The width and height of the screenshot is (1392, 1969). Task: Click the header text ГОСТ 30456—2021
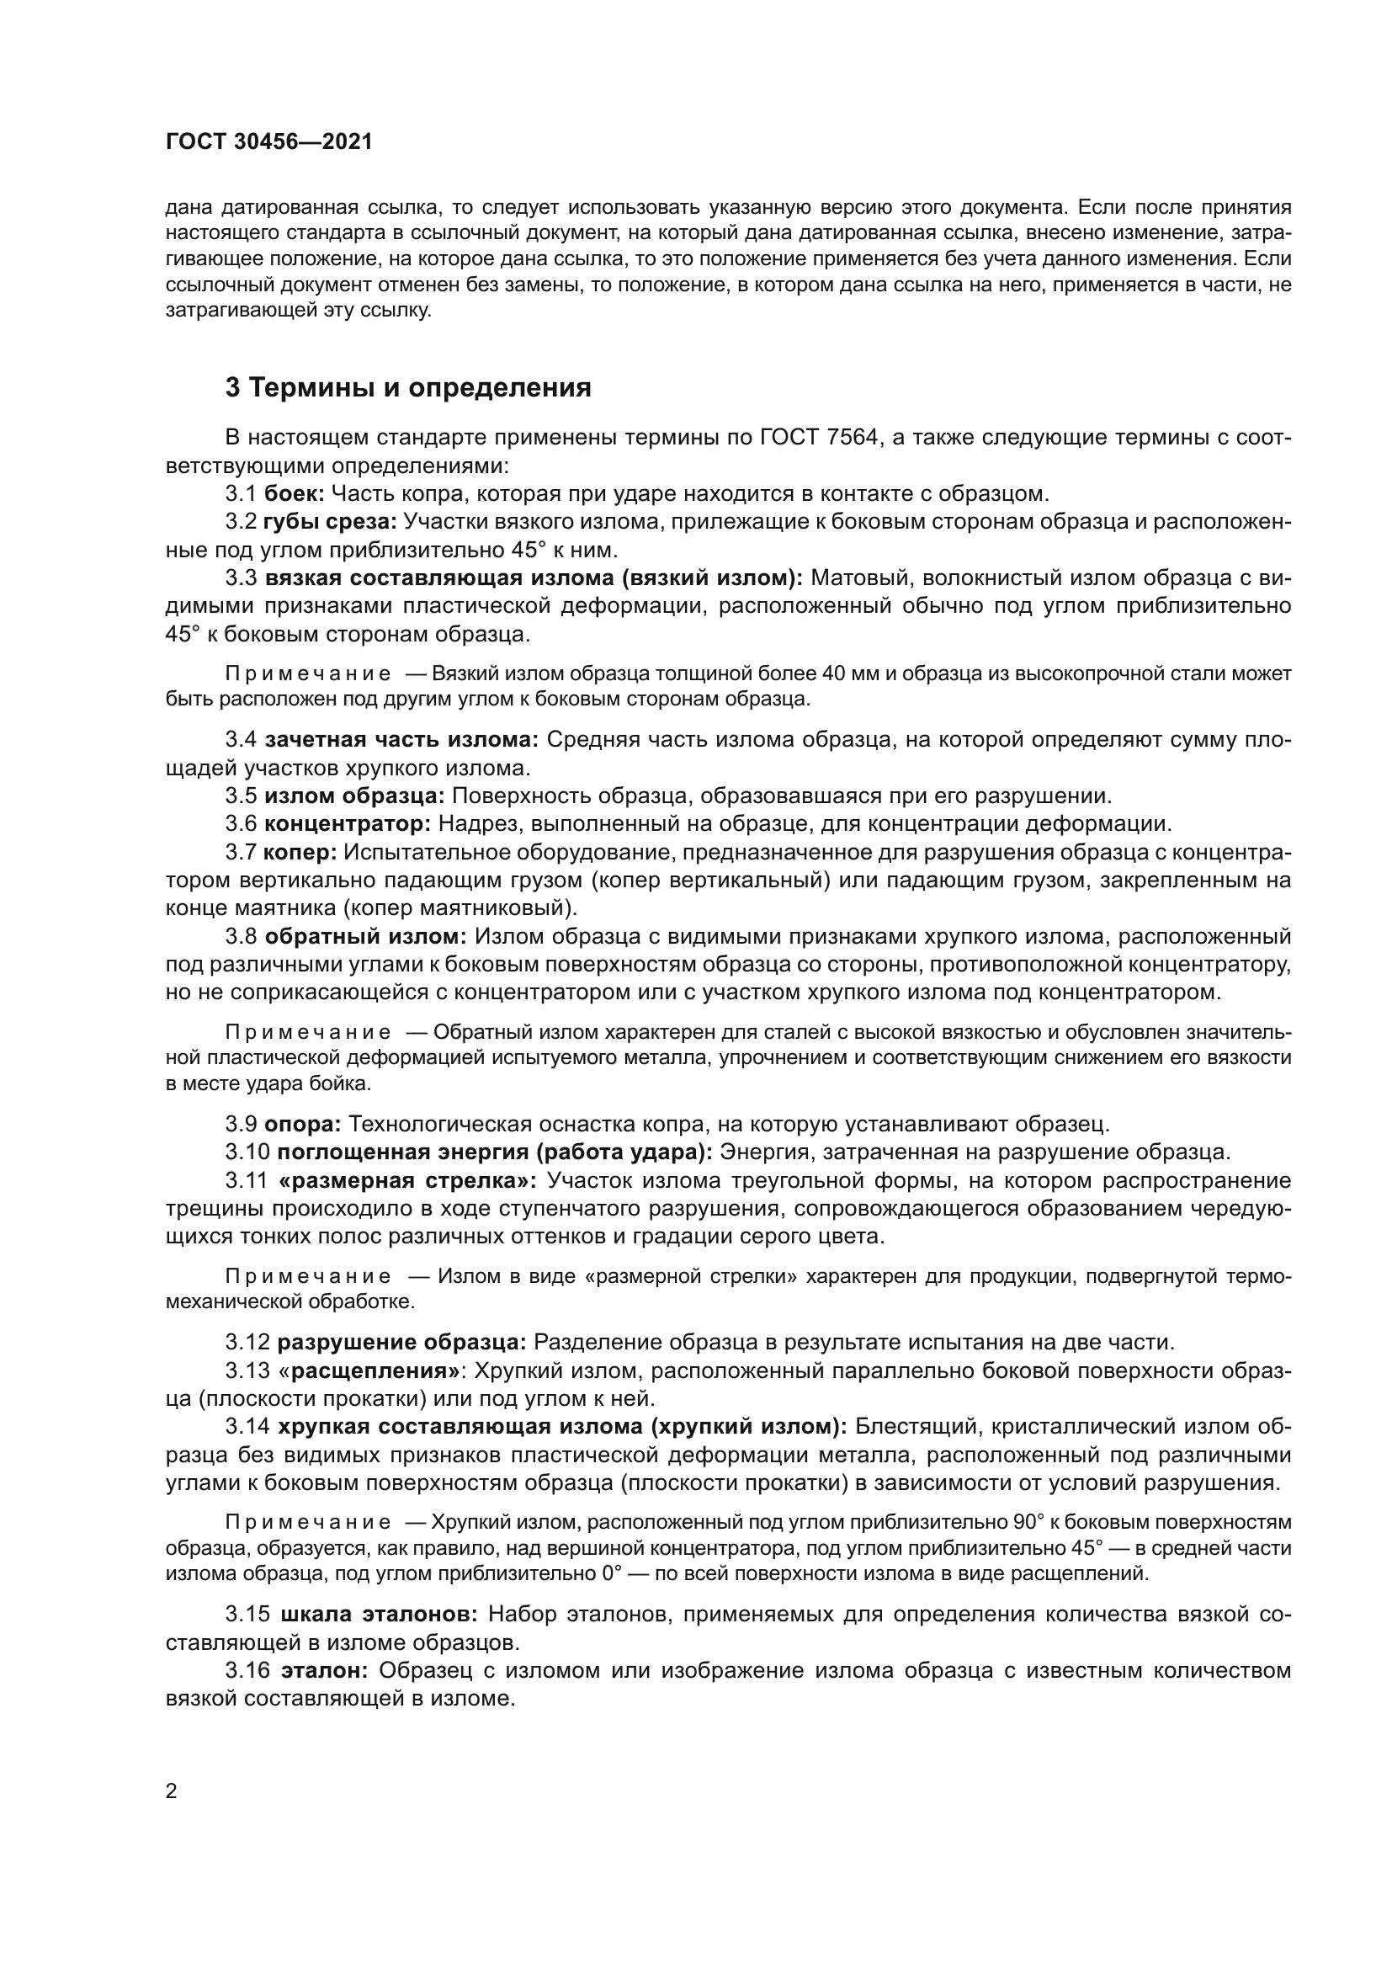[269, 142]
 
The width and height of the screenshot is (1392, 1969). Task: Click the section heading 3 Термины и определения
[408, 387]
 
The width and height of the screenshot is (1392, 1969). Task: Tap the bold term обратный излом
[365, 936]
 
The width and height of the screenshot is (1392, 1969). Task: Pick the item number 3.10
[247, 1152]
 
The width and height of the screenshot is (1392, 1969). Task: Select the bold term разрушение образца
[401, 1341]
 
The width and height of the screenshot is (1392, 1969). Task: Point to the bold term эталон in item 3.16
[324, 1669]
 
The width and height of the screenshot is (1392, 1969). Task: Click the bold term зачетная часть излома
[401, 739]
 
